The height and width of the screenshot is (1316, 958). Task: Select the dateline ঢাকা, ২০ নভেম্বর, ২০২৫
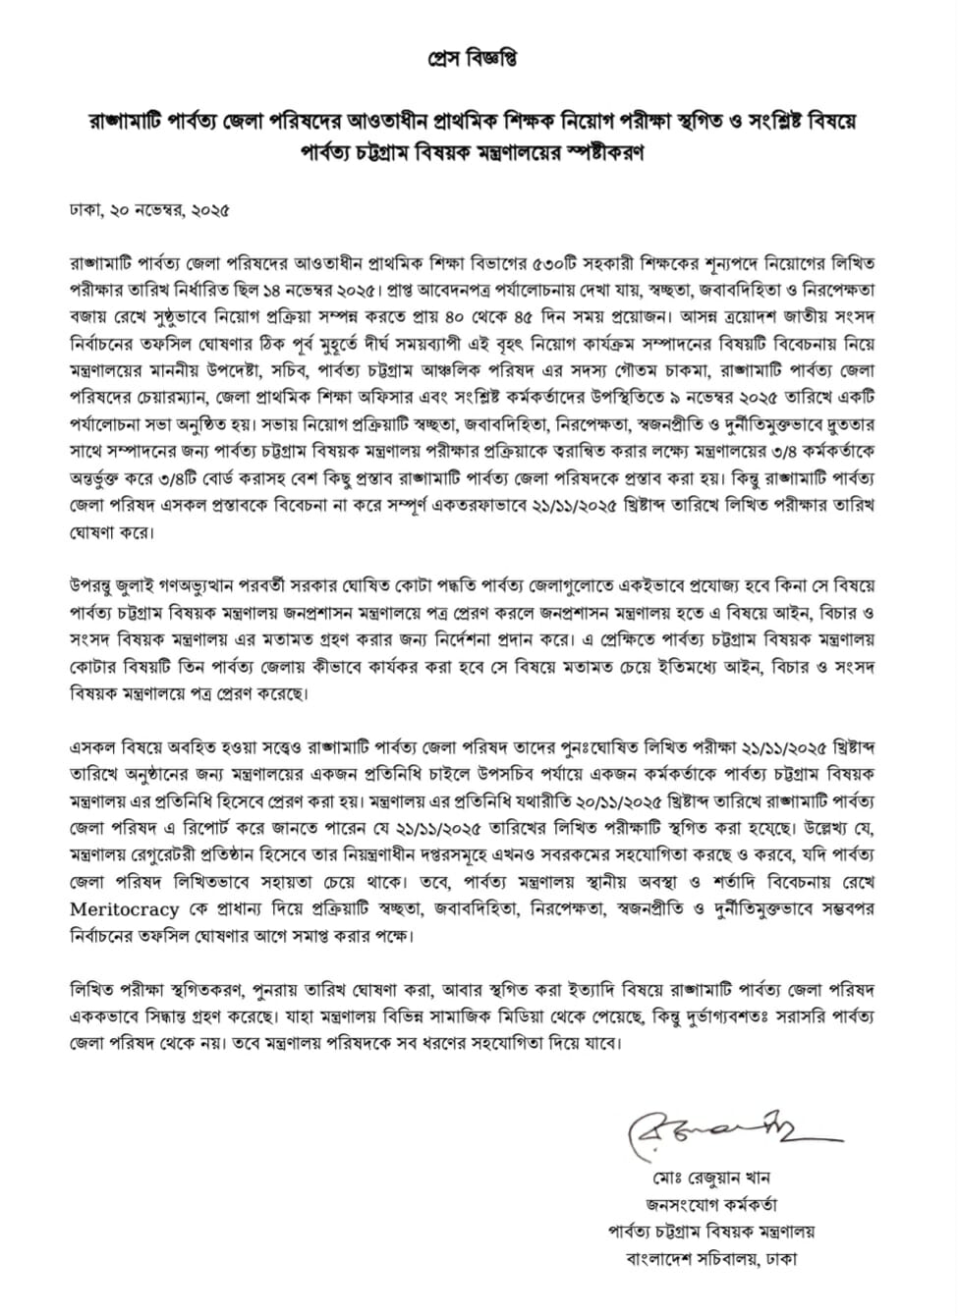(x=149, y=210)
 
